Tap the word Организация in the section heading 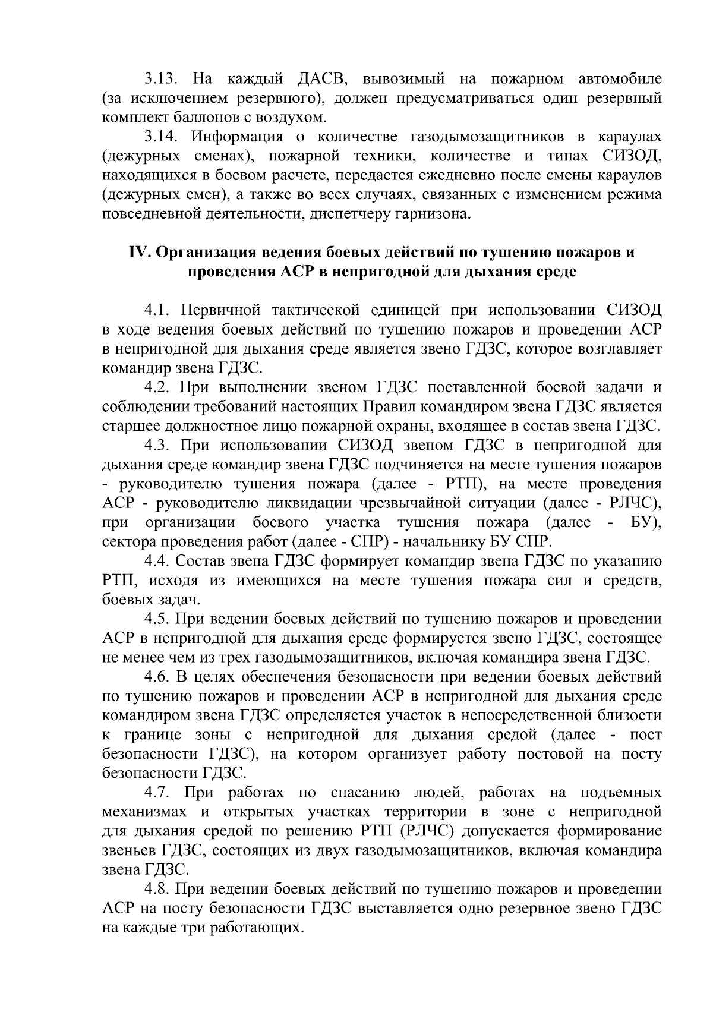coord(206,253)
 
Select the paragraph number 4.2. coord(157,387)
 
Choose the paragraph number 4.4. coord(157,561)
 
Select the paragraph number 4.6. coord(157,677)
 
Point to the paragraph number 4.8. coord(157,889)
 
